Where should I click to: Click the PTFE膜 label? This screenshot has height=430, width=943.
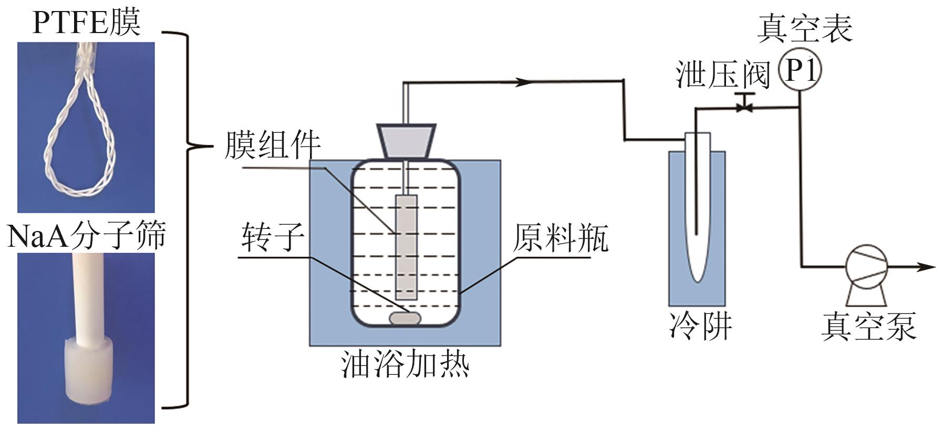tap(87, 22)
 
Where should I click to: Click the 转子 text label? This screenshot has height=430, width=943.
tap(273, 237)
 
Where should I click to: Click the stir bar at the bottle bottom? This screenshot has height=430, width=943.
tap(405, 318)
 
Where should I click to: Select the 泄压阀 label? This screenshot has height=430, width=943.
tap(722, 75)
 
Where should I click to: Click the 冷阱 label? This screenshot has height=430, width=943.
tap(700, 326)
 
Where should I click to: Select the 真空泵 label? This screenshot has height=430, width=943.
tap(868, 326)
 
